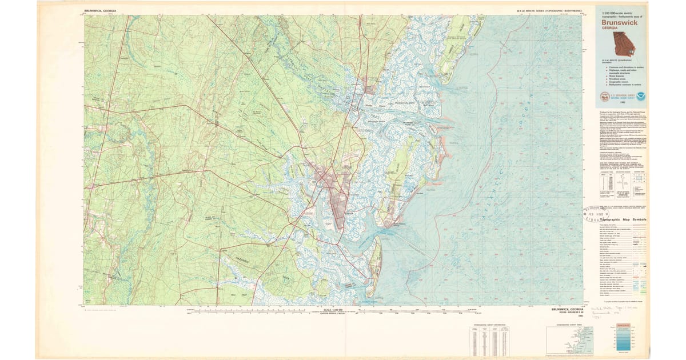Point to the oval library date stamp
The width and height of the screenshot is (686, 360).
[594, 213]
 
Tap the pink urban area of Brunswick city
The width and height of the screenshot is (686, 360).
[333, 197]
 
